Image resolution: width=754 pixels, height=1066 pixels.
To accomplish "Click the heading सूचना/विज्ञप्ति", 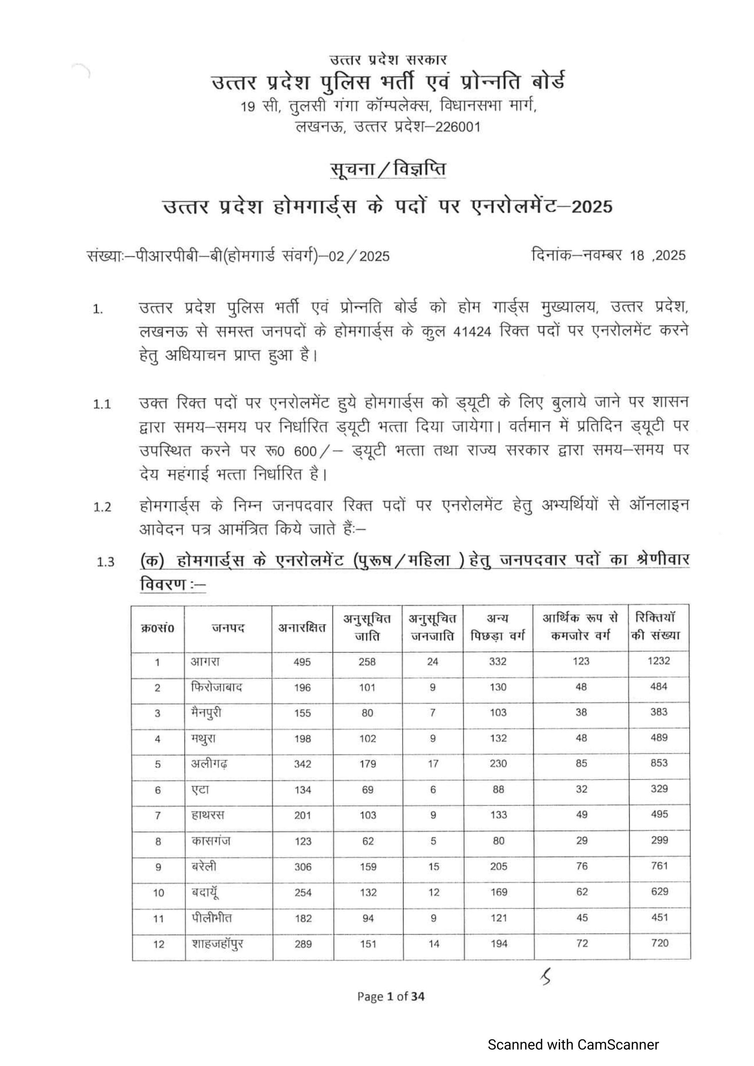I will point(388,169).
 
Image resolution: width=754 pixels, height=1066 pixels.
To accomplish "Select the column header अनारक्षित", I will point(302,628).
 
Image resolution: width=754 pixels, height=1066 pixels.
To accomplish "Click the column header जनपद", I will point(228,628).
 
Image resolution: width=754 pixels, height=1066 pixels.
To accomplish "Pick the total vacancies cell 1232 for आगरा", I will point(659,661).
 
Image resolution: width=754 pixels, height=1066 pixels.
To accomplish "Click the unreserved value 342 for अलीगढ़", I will point(303,764).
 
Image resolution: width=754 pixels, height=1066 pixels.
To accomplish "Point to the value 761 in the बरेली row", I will point(659,865).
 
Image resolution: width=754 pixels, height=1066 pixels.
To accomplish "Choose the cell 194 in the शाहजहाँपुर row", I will point(499,943).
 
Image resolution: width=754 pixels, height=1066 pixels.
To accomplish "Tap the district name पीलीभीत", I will point(212,918).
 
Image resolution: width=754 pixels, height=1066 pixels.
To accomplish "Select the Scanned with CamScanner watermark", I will point(573,1045).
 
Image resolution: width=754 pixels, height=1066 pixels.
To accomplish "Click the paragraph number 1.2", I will point(102,507).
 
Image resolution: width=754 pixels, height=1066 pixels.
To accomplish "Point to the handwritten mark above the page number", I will point(545,979).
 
